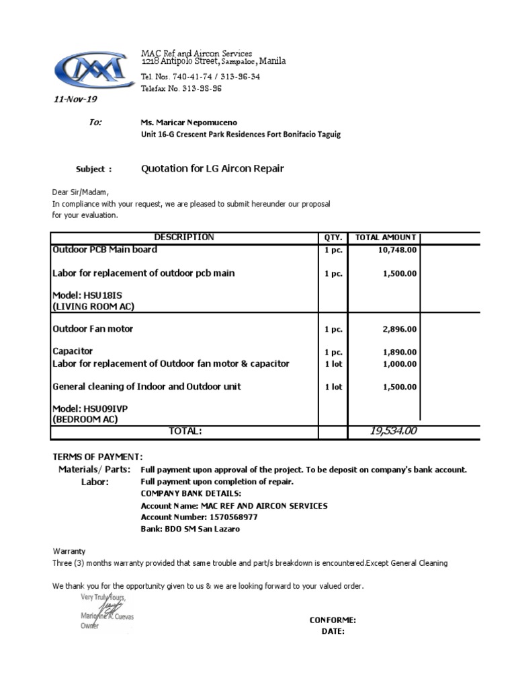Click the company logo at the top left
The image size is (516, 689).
pos(89,69)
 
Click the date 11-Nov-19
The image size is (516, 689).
pos(75,100)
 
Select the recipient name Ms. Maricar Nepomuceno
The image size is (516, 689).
pos(188,122)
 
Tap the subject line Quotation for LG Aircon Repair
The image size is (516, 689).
pos(212,168)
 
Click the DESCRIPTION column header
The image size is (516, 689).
pos(184,238)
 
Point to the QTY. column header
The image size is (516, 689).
pos(333,238)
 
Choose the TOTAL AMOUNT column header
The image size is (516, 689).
pos(386,238)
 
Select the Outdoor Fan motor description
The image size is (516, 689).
pos(93,329)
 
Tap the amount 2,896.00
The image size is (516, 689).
pos(400,329)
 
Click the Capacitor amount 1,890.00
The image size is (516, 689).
pos(400,352)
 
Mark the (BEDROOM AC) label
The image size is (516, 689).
pos(85,419)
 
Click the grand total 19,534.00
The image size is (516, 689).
pos(393,431)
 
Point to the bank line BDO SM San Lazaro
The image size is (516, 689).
pos(190,529)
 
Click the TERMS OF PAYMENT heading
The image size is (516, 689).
pos(97,457)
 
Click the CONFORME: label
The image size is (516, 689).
pos(333,620)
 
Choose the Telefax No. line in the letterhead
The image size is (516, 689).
pos(181,89)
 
